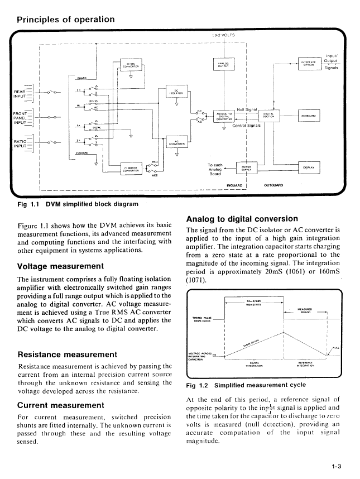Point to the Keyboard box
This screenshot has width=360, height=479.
click(x=309, y=116)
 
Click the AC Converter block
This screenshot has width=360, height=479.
click(x=176, y=142)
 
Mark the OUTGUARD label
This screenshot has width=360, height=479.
click(x=273, y=185)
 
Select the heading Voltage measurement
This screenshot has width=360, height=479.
click(x=61, y=266)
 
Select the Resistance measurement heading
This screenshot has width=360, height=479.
click(x=68, y=353)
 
